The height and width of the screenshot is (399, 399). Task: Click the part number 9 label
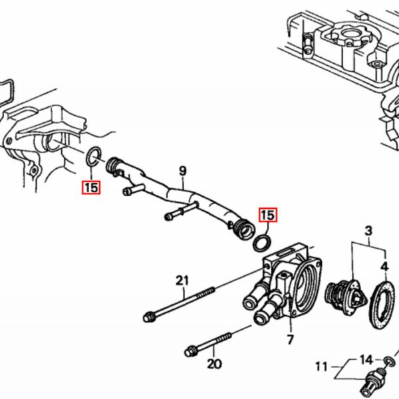[x=183, y=171]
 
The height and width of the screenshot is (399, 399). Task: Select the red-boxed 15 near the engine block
[x=91, y=188]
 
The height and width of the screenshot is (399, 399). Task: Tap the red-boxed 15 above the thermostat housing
[x=268, y=215]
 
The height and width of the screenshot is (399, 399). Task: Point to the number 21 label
[x=182, y=281]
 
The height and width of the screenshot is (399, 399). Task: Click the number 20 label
[x=214, y=364]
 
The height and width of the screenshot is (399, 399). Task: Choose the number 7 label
[x=291, y=339]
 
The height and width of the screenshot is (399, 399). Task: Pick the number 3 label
[x=368, y=231]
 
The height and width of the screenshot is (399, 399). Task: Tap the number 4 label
[x=385, y=267]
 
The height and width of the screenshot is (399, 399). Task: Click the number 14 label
[x=366, y=360]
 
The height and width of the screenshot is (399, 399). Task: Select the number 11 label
[x=321, y=367]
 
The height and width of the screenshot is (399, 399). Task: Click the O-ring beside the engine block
[x=93, y=156]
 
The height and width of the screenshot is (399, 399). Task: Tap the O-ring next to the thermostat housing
[x=262, y=243]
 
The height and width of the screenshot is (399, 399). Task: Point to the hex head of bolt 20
[x=190, y=352]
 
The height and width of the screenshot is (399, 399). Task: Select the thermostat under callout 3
[x=346, y=297]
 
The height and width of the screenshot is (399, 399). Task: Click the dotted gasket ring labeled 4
[x=382, y=305]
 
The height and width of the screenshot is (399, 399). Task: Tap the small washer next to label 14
[x=389, y=360]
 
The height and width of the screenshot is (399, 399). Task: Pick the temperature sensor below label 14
[x=372, y=382]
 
